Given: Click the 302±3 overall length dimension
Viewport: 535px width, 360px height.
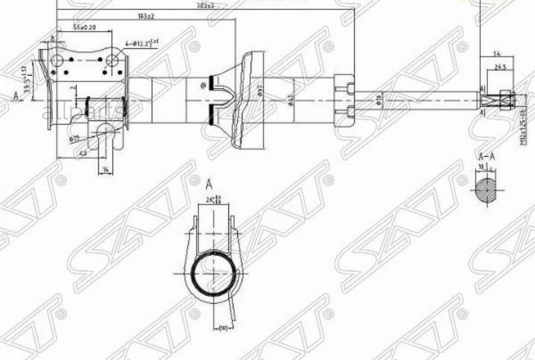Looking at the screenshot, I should point(206,5).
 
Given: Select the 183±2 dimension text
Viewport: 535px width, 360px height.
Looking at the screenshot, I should point(146,16).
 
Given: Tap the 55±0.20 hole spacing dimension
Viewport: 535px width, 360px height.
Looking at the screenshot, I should point(85,28).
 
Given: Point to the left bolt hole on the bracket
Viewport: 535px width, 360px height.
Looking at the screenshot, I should point(58,61).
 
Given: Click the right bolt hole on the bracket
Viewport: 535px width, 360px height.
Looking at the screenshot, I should point(112,61).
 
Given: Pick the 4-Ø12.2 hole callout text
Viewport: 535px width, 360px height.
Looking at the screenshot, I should point(142,43).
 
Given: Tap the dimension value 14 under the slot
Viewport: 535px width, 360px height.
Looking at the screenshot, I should point(105,170).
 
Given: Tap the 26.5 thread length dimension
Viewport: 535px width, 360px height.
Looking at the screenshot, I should point(500,68).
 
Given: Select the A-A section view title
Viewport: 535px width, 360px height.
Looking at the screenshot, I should point(487,157).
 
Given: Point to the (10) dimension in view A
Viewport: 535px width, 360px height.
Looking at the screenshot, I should point(224,327).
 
